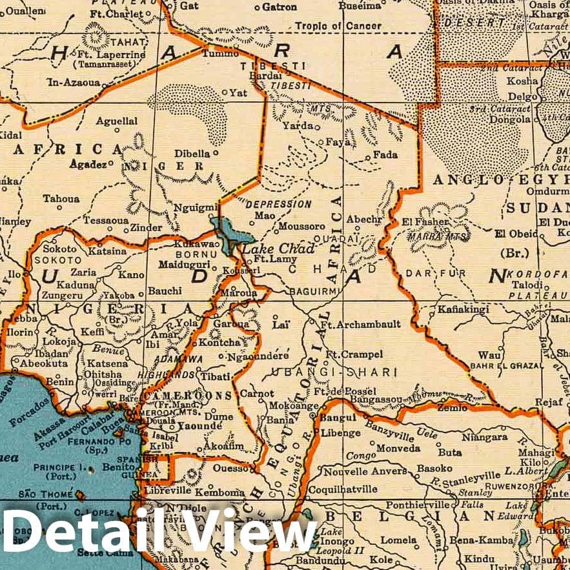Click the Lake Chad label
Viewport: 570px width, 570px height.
[278, 249]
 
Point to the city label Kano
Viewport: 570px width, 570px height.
[132, 275]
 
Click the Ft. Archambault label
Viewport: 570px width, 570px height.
[361, 323]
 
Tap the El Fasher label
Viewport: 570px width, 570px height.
[425, 222]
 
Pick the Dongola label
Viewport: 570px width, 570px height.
[509, 119]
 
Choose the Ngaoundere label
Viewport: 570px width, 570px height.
[258, 355]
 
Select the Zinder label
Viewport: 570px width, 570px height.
[146, 227]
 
